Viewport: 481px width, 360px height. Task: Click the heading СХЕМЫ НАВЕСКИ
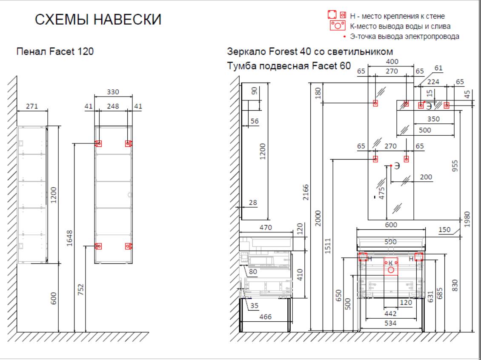pyautogui.click(x=97, y=20)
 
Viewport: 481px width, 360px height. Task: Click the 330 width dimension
pyautogui.click(x=113, y=92)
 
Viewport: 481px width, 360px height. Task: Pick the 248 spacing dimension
pyautogui.click(x=113, y=106)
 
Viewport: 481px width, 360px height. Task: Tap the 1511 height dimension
pyautogui.click(x=328, y=245)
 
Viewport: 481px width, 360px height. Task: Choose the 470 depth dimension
pyautogui.click(x=266, y=228)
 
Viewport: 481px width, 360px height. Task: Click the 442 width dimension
pyautogui.click(x=390, y=314)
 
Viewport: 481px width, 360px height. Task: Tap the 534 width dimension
pyautogui.click(x=390, y=323)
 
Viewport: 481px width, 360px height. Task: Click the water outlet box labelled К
pyautogui.click(x=391, y=266)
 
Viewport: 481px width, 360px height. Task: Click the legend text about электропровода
pyautogui.click(x=404, y=36)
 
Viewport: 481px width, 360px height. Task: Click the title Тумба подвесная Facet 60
pyautogui.click(x=289, y=66)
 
